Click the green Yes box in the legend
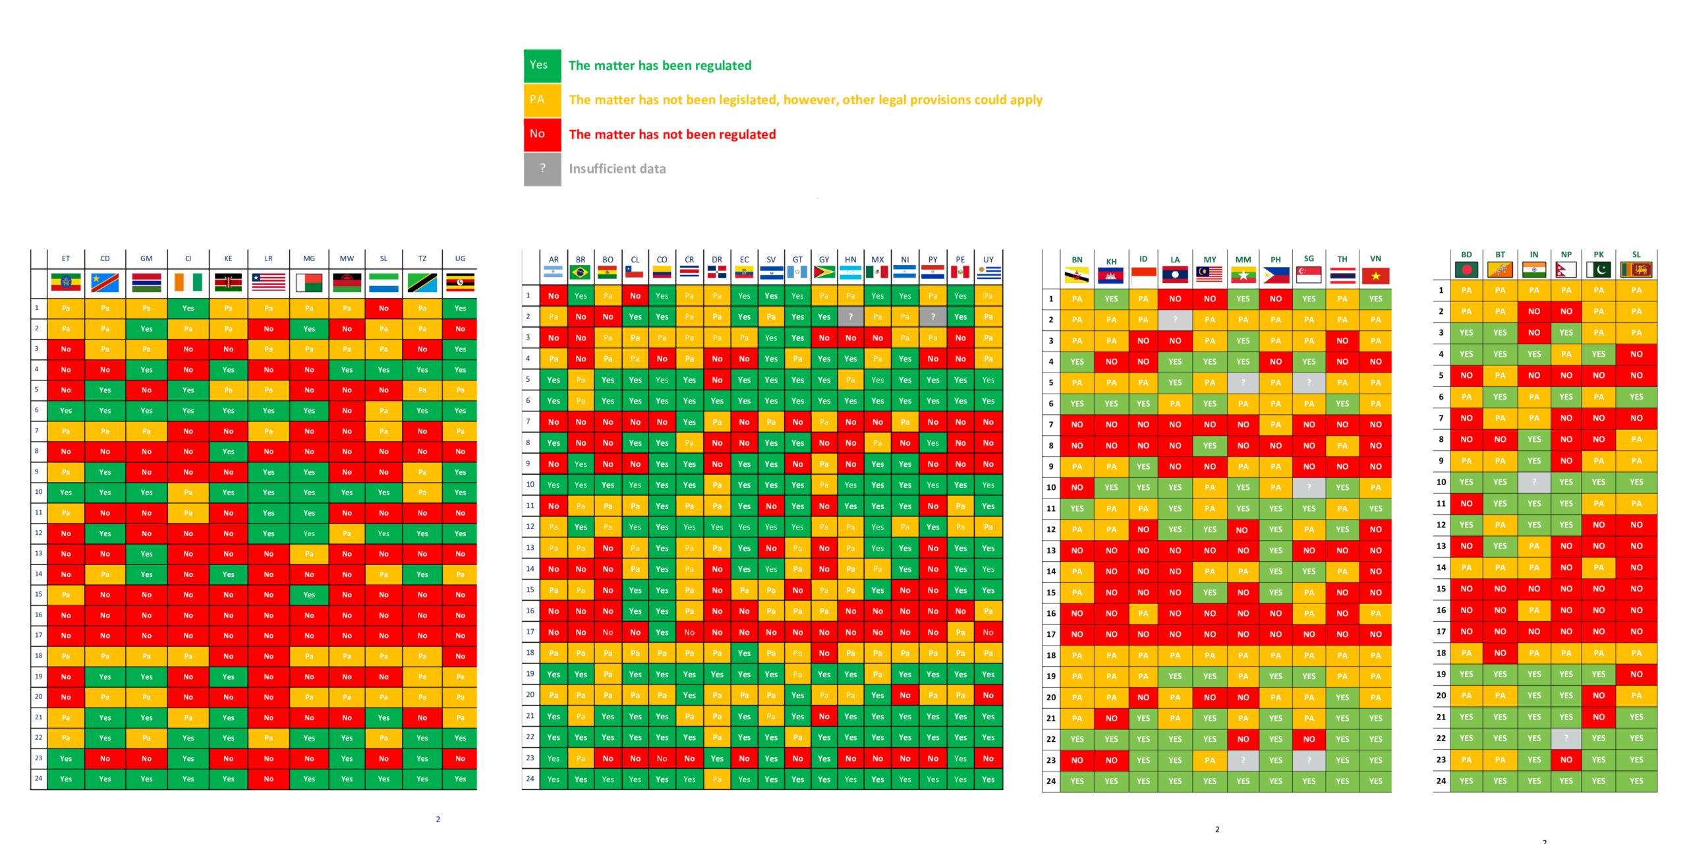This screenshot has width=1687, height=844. point(542,66)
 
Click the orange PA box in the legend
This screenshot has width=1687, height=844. point(542,100)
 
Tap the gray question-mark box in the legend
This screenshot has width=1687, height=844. point(542,169)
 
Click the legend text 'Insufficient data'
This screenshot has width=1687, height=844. point(617,169)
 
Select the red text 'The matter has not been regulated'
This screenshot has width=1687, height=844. point(672,135)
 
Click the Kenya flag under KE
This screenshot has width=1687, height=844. point(228,283)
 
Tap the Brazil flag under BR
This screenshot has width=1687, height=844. point(580,272)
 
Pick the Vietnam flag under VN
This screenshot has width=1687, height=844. point(1375,276)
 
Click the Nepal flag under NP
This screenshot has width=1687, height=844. point(1566,270)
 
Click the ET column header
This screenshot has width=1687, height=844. point(66,258)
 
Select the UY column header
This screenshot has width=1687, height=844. point(988,260)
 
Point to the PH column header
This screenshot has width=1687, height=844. point(1276,260)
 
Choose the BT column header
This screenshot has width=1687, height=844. point(1500,255)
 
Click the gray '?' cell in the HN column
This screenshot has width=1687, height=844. point(851,317)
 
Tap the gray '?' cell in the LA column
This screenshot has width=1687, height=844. point(1175,320)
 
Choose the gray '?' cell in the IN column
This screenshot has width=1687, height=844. point(1534,482)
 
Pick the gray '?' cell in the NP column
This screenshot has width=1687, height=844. point(1566,738)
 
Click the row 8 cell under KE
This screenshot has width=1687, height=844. point(228,452)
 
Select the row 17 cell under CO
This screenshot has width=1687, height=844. point(662,632)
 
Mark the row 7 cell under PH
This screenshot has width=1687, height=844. point(1276,425)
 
